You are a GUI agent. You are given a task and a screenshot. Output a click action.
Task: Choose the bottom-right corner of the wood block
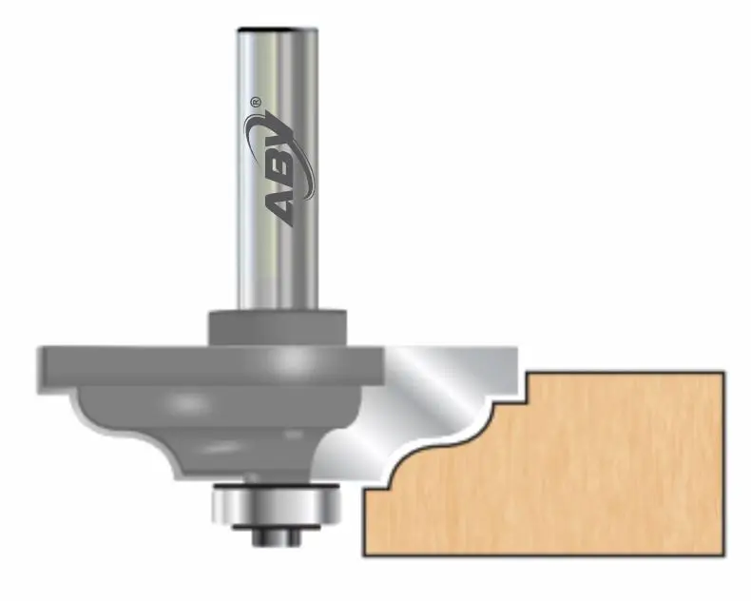coord(723,555)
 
